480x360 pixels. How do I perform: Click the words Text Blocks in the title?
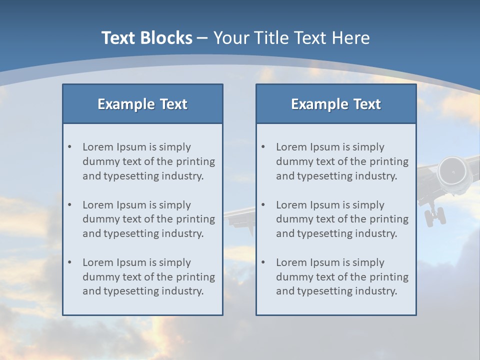[146, 38]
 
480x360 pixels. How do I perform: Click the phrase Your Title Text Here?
[291, 38]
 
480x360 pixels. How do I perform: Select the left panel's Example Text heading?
[142, 104]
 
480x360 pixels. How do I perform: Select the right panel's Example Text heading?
[336, 104]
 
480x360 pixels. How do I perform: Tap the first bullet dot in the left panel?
[69, 147]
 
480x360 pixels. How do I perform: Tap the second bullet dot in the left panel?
[69, 205]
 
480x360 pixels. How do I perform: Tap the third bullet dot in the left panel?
[69, 262]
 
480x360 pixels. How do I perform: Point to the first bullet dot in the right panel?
[263, 147]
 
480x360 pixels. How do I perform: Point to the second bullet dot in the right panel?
[263, 205]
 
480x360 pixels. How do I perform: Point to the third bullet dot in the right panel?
[263, 262]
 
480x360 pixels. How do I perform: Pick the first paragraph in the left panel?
[148, 161]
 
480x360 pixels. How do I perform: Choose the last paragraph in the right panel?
[342, 277]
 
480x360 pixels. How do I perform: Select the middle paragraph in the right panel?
[342, 219]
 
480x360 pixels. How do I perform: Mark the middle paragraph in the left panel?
[148, 219]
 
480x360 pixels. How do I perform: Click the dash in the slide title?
[202, 38]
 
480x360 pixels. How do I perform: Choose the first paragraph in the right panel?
[342, 161]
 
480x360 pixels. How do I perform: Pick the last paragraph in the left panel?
[148, 277]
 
